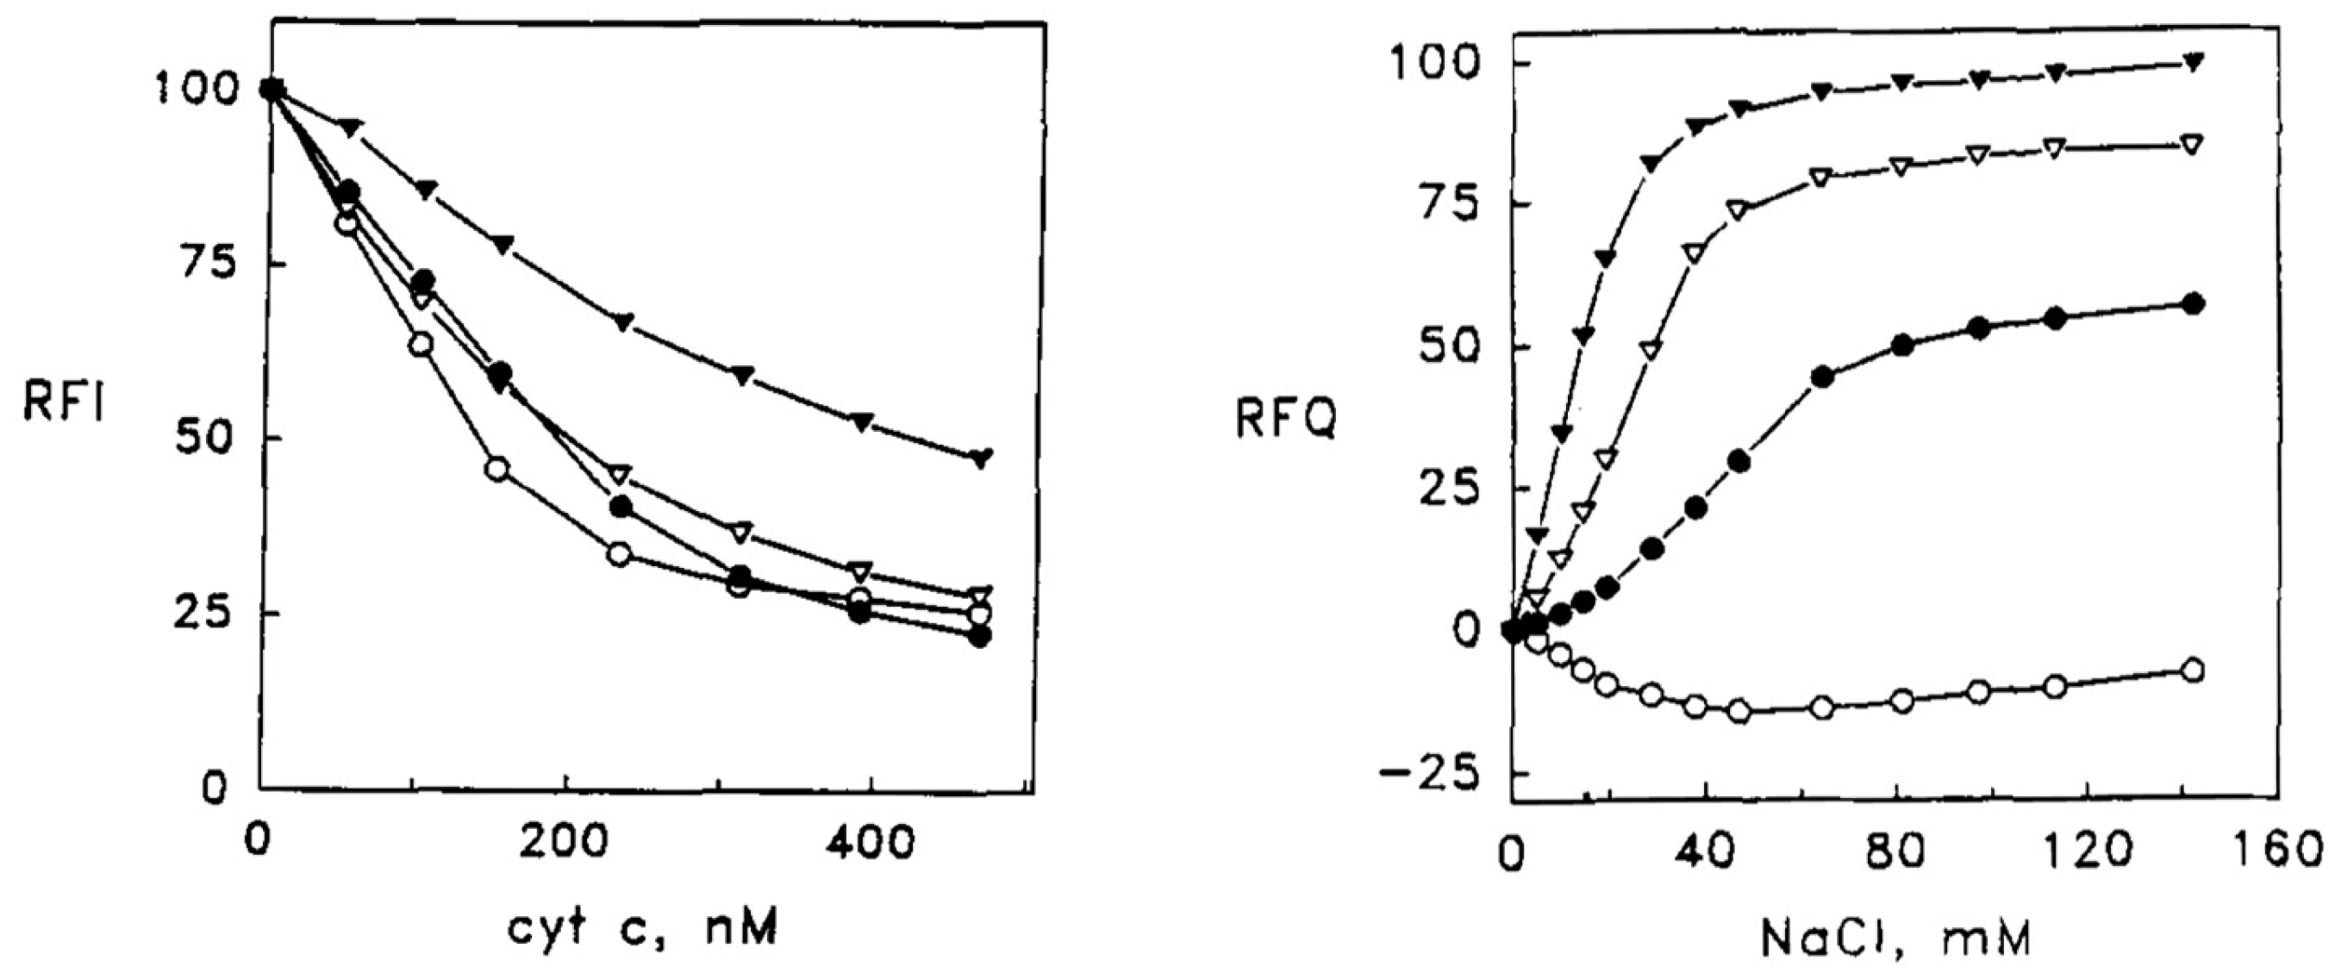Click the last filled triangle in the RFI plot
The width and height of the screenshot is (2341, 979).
pos(981,458)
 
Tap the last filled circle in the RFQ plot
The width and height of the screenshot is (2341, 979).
pos(2192,303)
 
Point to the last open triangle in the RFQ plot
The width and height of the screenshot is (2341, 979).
pos(2192,145)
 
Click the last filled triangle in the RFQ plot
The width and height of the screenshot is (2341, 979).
pos(2192,63)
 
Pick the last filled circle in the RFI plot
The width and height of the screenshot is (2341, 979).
pos(979,636)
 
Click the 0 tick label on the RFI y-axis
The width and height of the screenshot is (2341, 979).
pos(215,787)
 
